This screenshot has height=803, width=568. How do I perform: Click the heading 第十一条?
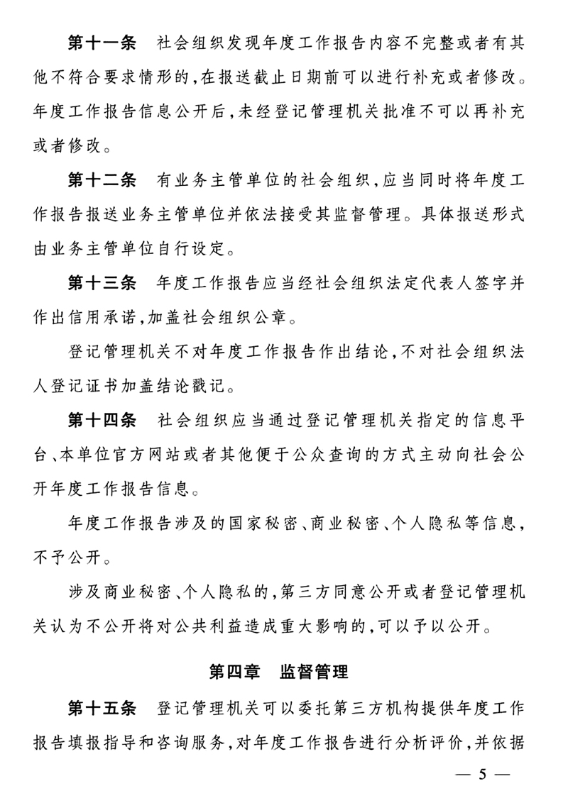click(101, 43)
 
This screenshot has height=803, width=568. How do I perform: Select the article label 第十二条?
click(101, 182)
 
